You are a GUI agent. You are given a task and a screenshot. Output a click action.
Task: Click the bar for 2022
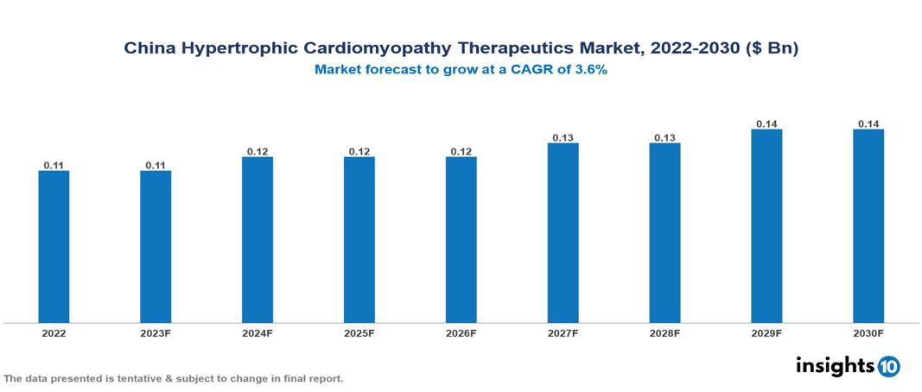point(54,247)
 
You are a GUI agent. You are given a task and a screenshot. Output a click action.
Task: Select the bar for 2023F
point(156,247)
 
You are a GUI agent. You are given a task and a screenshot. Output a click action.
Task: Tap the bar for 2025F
point(359,240)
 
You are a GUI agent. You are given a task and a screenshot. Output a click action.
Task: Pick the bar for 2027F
point(563,233)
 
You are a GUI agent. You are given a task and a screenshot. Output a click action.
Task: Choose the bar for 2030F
point(868,226)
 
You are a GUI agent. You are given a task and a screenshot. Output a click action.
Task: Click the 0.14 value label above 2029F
point(766,123)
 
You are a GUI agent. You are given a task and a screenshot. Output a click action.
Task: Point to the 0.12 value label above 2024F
point(258,151)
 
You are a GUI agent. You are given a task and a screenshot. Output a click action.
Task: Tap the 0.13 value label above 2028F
point(664,137)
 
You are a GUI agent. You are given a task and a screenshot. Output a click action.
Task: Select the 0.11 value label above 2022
point(54,165)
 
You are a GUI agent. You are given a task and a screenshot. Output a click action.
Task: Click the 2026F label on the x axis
point(461,332)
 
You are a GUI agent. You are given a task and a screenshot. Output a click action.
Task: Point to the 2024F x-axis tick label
point(258,332)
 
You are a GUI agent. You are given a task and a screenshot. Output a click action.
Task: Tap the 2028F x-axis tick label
point(664,332)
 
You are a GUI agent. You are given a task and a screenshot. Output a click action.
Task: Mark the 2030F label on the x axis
point(868,332)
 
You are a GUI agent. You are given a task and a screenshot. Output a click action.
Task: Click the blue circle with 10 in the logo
point(888,366)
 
